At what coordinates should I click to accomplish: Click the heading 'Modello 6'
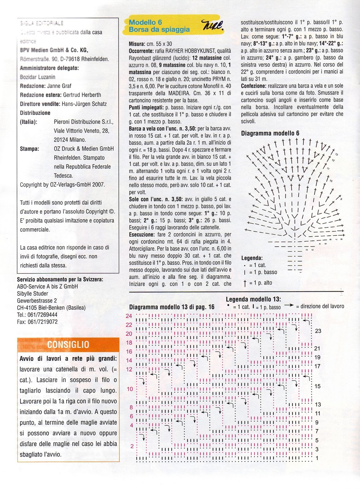[145, 22]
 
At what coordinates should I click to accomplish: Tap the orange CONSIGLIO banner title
[68, 344]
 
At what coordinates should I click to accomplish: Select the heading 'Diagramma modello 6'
[270, 133]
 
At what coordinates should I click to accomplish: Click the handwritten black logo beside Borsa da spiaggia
[213, 25]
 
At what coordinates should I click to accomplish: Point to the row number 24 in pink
[129, 316]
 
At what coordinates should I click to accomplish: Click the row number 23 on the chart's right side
[318, 331]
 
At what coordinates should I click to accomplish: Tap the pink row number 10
[130, 389]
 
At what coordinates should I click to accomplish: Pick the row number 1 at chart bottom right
[317, 458]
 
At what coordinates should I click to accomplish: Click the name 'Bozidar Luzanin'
[38, 77]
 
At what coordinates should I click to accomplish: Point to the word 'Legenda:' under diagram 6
[252, 258]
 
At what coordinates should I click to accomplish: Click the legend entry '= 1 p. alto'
[260, 283]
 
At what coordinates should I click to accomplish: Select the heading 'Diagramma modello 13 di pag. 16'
[172, 307]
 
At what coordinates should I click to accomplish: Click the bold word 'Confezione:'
[254, 86]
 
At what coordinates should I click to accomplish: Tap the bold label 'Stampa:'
[29, 149]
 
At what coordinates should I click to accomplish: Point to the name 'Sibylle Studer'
[32, 293]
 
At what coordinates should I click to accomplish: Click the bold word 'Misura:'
[137, 44]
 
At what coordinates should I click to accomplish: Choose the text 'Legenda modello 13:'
[253, 299]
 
